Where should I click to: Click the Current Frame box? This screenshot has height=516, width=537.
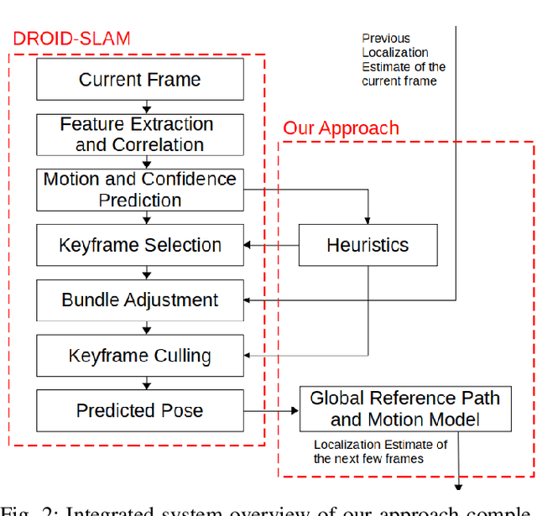[140, 80]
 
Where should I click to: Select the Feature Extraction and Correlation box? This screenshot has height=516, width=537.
[140, 134]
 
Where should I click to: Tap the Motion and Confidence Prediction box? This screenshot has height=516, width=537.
[140, 190]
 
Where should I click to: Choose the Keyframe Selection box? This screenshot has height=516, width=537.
[140, 245]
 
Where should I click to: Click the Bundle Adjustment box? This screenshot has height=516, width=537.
[140, 300]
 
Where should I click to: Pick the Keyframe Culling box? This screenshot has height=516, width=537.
[140, 355]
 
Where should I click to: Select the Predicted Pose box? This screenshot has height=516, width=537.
[140, 410]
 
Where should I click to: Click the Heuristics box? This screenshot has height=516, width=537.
[368, 245]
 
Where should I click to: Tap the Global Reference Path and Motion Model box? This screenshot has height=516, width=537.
[404, 409]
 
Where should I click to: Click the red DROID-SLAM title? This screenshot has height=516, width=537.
[70, 38]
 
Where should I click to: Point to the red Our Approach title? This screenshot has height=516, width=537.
[341, 128]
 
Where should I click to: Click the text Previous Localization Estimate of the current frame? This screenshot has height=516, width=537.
[403, 60]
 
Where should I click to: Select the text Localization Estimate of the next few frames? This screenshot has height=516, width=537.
[380, 451]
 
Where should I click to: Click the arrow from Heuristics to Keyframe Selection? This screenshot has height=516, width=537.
[271, 245]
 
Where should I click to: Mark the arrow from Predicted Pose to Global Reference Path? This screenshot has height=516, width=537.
[271, 410]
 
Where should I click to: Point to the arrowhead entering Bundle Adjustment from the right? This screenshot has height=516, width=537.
[248, 300]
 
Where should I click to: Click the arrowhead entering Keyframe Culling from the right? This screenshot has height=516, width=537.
[248, 355]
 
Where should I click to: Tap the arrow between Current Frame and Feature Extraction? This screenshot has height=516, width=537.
[147, 107]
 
